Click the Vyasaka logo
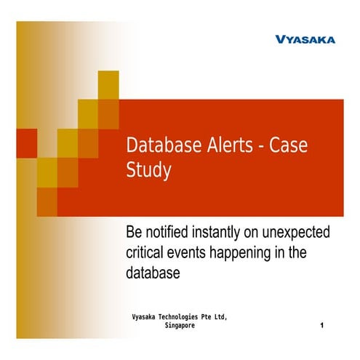point(305,39)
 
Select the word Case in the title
point(289,145)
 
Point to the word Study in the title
point(148,171)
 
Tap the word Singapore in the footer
point(180,327)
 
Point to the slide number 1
point(321,327)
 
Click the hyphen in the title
point(258,145)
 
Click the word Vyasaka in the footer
point(144,318)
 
